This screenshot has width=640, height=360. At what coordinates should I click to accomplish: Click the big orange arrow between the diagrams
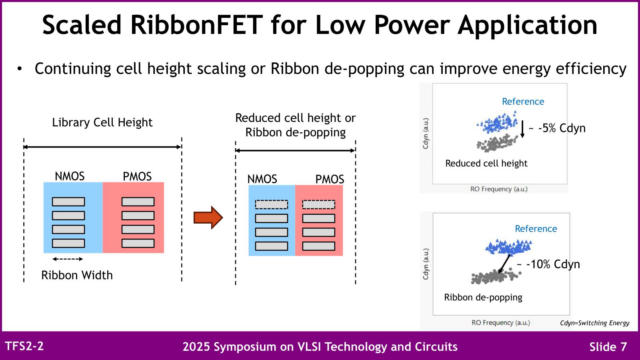(x=208, y=218)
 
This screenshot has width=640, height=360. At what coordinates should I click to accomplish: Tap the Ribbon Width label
(x=77, y=275)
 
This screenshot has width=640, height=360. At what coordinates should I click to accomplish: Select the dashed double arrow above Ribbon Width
(x=68, y=259)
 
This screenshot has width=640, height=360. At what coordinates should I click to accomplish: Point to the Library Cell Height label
(x=102, y=122)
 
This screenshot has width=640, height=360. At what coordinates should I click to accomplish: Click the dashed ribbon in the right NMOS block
(x=271, y=204)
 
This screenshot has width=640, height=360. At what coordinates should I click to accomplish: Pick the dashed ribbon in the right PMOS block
(x=318, y=204)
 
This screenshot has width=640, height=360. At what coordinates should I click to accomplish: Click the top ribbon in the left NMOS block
(x=68, y=202)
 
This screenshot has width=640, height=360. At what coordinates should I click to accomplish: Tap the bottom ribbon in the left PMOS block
(x=138, y=243)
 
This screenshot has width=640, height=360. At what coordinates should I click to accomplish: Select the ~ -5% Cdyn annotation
(x=557, y=128)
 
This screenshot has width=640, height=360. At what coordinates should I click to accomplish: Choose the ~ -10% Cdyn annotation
(x=548, y=264)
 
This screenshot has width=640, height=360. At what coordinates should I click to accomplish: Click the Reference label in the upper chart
(x=523, y=102)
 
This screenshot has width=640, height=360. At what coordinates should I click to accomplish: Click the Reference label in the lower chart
(x=536, y=229)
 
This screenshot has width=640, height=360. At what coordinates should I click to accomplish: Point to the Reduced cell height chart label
(x=486, y=163)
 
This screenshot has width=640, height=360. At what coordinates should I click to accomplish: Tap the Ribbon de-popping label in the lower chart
(x=483, y=297)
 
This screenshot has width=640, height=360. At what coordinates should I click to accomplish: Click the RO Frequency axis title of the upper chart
(x=499, y=189)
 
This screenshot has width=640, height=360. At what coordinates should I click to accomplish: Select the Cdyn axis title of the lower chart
(x=426, y=264)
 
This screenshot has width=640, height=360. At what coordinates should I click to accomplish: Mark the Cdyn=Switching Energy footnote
(x=594, y=323)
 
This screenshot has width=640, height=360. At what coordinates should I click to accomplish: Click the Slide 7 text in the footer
(x=608, y=347)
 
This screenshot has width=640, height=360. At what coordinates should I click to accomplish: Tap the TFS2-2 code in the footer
(x=24, y=346)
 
